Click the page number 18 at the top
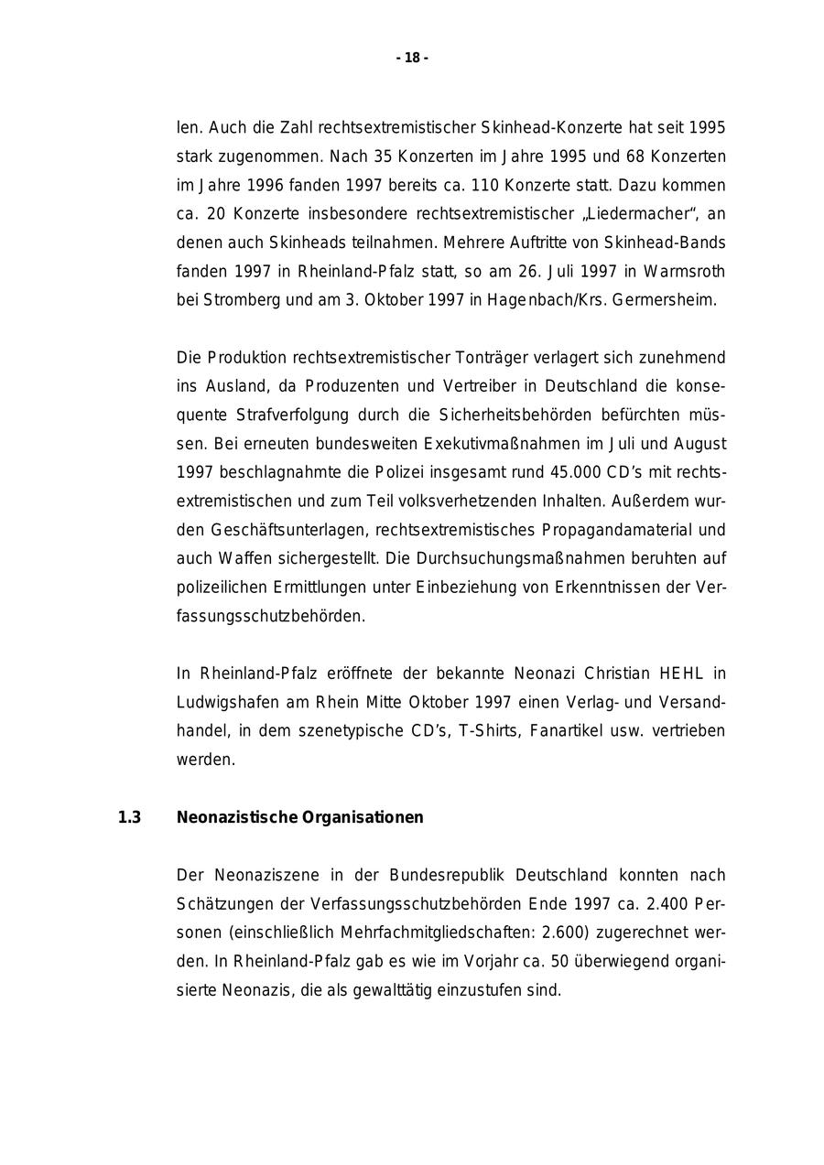[412, 59]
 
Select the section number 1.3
[129, 817]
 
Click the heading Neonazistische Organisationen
[299, 817]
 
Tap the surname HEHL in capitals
[679, 674]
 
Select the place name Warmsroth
[685, 271]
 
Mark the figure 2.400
[667, 903]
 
